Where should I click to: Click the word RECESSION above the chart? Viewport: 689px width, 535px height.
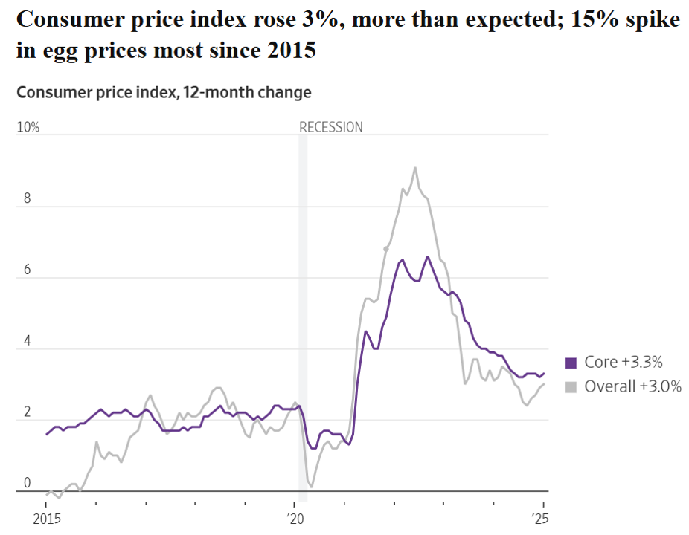tap(330, 127)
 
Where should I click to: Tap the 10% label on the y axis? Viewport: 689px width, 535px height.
tap(28, 127)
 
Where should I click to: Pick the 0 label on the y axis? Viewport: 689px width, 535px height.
tap(27, 483)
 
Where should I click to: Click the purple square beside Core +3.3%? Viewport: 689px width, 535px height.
tap(571, 363)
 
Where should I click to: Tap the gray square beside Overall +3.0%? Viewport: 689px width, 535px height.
tap(571, 386)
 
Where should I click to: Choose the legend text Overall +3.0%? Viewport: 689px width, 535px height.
tap(633, 386)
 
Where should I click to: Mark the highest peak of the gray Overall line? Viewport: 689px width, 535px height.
tap(415, 167)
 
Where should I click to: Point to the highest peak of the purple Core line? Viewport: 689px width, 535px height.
tap(428, 256)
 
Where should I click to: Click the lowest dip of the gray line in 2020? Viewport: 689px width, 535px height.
tap(311, 486)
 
